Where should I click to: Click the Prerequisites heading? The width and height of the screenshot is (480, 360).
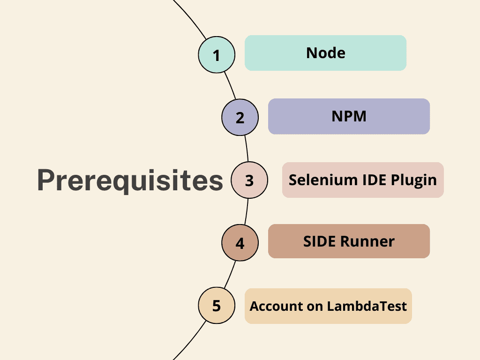coord(130,180)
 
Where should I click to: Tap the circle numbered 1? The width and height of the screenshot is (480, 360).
coord(216,55)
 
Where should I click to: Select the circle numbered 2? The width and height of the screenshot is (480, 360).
coord(240,117)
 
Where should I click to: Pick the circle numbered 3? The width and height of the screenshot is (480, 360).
coord(249,180)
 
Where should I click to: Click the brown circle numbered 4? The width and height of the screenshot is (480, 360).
coord(240,243)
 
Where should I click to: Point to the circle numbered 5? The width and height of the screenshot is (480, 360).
coord(216,306)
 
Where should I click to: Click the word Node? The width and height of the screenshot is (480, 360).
coord(326,53)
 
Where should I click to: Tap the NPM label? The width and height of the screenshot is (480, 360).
coord(349,116)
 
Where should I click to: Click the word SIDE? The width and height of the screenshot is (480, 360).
coord(320,241)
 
